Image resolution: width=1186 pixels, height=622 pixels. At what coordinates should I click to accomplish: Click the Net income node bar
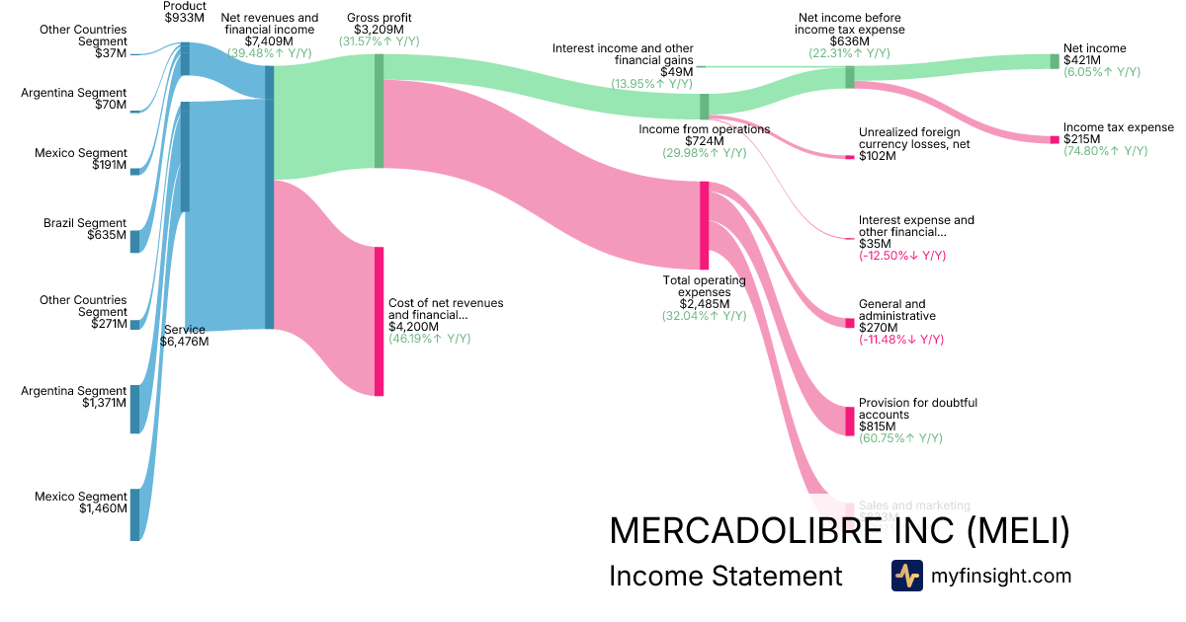[x=1054, y=61]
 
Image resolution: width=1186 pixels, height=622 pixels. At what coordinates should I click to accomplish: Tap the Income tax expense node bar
[x=1054, y=139]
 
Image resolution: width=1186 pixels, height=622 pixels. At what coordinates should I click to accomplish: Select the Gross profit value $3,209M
[x=379, y=30]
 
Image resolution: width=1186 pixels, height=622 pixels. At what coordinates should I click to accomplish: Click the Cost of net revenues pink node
[x=379, y=321]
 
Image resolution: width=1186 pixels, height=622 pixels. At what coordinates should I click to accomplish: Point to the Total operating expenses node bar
[x=705, y=225]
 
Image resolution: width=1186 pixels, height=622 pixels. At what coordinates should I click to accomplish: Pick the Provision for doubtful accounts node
[x=849, y=421]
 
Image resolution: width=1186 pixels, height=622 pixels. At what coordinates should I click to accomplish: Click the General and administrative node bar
[x=849, y=323]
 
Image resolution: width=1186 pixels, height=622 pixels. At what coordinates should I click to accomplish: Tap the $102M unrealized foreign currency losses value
[x=878, y=156]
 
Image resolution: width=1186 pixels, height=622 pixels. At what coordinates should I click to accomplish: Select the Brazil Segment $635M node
[x=135, y=242]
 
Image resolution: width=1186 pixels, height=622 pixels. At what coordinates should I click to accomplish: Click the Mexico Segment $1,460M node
[x=135, y=514]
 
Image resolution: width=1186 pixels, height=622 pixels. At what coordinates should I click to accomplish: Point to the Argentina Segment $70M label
[x=74, y=99]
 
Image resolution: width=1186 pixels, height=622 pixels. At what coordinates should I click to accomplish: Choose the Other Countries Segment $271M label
[x=83, y=312]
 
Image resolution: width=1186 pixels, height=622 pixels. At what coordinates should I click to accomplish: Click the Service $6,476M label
[x=184, y=336]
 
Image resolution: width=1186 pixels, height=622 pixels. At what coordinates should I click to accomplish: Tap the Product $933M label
[x=185, y=13]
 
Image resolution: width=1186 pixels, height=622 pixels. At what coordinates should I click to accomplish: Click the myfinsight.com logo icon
[x=907, y=576]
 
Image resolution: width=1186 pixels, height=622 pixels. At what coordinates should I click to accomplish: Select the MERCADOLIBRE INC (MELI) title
[x=839, y=531]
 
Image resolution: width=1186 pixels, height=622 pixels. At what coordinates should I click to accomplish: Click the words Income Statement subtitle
[x=725, y=576]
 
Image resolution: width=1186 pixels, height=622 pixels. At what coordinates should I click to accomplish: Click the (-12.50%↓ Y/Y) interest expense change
[x=902, y=256]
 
